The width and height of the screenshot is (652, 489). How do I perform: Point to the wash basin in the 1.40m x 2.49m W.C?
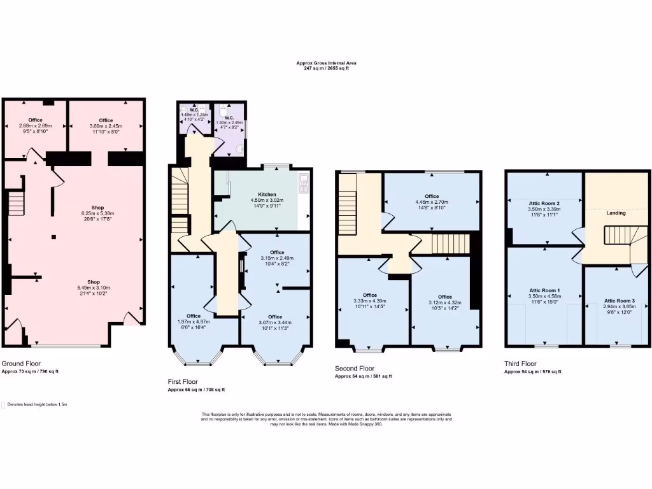pyautogui.click(x=239, y=148)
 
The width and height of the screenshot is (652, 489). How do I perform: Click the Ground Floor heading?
pyautogui.click(x=21, y=363)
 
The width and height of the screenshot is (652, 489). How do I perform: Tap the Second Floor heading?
pyautogui.click(x=355, y=368)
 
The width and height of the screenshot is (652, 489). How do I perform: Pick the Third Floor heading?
pyautogui.click(x=520, y=364)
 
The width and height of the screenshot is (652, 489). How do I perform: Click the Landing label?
pyautogui.click(x=616, y=213)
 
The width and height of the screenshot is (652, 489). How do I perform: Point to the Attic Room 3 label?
pyautogui.click(x=620, y=300)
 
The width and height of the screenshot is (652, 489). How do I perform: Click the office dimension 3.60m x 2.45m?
pyautogui.click(x=106, y=126)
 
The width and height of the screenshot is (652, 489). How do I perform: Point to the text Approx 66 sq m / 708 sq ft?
pyautogui.click(x=196, y=390)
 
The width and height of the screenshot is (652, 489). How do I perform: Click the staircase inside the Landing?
pyautogui.click(x=616, y=237)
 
